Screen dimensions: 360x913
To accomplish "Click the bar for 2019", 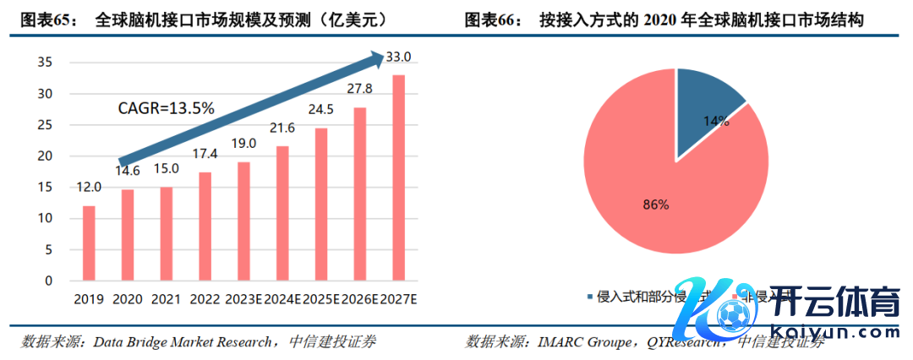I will (x=89, y=243).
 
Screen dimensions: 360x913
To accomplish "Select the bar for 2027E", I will (x=398, y=177).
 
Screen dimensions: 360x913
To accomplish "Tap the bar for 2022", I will (x=205, y=226).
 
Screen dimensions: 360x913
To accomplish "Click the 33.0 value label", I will (x=398, y=57).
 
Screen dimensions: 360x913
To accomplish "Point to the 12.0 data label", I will (x=89, y=187).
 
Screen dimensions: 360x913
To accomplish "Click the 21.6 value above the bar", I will (x=282, y=128).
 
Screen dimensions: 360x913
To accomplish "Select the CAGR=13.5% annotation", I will (x=165, y=108).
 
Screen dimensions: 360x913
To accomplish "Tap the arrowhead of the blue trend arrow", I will (x=376, y=59).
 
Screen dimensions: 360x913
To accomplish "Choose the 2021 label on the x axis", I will (x=166, y=298).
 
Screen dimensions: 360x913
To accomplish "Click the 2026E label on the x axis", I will (x=359, y=298).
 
